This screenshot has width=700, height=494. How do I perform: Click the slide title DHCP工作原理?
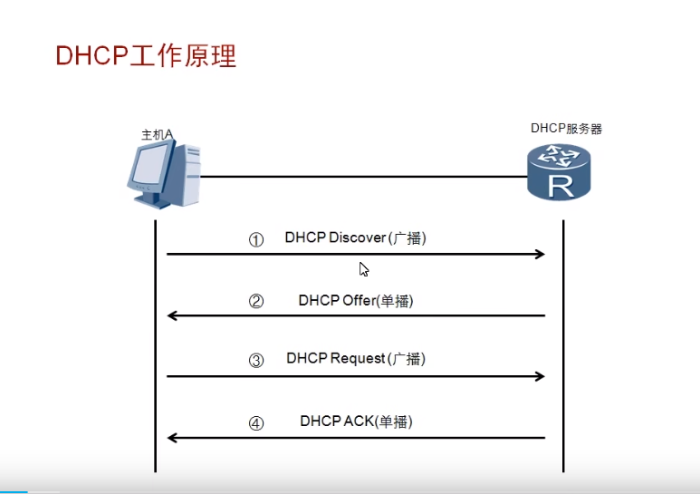pos(146,56)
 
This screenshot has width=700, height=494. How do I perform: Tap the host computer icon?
pos(162,175)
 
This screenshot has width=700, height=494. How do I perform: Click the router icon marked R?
pos(560,173)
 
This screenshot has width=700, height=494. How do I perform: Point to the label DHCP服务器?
pos(566,129)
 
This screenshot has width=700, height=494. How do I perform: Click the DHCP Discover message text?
pos(355,238)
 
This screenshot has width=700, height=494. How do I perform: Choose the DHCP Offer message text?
pos(355,300)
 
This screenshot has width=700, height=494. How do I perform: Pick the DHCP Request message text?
pos(355,358)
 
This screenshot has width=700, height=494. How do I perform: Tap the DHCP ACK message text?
pos(356,421)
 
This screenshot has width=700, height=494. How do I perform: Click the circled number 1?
pos(256,240)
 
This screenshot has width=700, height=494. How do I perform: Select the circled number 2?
pos(256,302)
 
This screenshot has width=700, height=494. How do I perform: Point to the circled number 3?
pos(256,361)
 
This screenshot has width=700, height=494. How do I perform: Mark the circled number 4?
pos(256,423)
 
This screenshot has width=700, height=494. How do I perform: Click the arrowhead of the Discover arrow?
pos(540,255)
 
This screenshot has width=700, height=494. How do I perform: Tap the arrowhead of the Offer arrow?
pos(173,315)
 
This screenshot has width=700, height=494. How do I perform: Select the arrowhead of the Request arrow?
pos(540,375)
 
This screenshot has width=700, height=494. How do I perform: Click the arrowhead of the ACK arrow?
pos(173,438)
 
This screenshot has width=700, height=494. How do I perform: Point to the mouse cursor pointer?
pos(363,268)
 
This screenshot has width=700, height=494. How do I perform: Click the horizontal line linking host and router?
pos(362,177)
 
